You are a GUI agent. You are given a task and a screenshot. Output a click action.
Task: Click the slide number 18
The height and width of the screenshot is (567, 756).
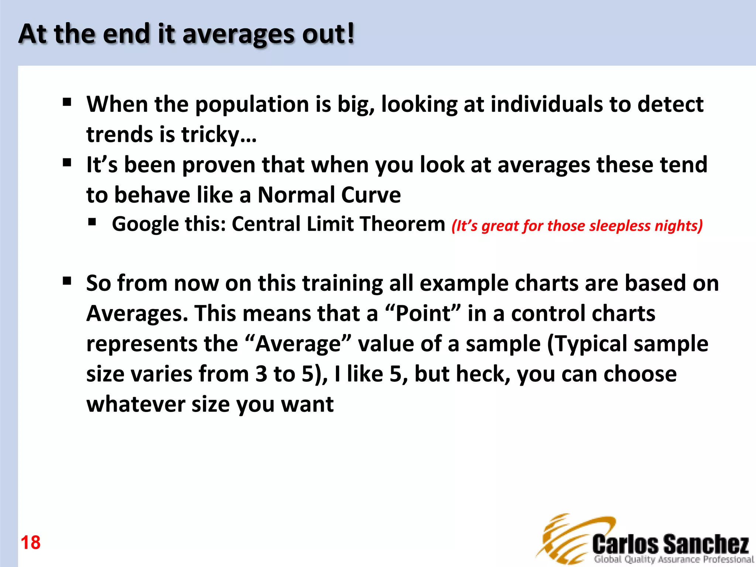pyautogui.click(x=31, y=543)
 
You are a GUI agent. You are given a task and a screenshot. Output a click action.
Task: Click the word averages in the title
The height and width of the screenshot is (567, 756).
pyautogui.click(x=238, y=34)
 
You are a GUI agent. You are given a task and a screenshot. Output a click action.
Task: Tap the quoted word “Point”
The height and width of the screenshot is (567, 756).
pyautogui.click(x=423, y=313)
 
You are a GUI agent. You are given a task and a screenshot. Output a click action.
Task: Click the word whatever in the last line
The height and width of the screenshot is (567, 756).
pyautogui.click(x=135, y=404)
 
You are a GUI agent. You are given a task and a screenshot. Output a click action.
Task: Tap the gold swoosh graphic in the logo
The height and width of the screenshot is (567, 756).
pyautogui.click(x=565, y=539)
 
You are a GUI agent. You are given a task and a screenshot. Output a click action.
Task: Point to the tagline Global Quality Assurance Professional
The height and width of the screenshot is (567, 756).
pyautogui.click(x=674, y=559)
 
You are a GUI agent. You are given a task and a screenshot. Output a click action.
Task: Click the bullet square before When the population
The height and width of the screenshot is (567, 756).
pyautogui.click(x=67, y=102)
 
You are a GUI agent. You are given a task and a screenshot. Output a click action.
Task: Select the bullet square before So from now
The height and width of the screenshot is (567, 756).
pyautogui.click(x=67, y=281)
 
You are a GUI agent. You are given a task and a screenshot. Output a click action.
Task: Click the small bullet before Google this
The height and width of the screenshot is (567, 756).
pyautogui.click(x=92, y=222)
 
